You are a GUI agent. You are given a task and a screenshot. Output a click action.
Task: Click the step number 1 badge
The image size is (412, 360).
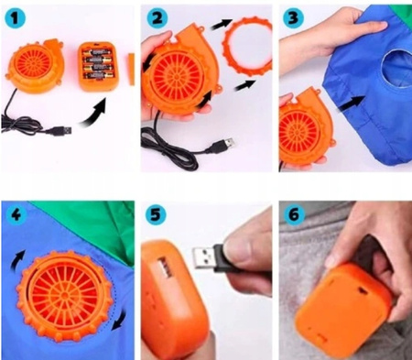[x=15, y=18]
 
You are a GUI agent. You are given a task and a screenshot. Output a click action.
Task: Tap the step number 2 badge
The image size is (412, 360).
[x=157, y=18]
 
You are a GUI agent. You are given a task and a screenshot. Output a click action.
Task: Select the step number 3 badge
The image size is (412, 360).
[x=293, y=17]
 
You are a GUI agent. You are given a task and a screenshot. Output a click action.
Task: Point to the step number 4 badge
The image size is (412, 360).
[x=16, y=215]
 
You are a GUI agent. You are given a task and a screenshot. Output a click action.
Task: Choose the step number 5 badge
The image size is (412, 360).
[x=156, y=214]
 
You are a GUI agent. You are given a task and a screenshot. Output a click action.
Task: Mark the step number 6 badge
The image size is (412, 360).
[x=294, y=214]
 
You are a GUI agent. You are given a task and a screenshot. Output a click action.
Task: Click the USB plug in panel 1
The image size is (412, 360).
[x=62, y=131]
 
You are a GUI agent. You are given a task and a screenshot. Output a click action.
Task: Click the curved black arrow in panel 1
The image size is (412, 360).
[x=93, y=113]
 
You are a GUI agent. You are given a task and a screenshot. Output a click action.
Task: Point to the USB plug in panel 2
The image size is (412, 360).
[x=221, y=145]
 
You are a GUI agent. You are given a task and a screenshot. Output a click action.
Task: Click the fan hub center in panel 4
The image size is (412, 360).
[x=65, y=295]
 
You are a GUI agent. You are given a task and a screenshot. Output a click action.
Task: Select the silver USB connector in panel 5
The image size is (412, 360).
[x=203, y=258]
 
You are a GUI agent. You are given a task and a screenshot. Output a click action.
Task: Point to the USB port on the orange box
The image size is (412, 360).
[x=164, y=267]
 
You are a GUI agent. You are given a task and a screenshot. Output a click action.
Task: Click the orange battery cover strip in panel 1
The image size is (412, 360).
[x=132, y=70]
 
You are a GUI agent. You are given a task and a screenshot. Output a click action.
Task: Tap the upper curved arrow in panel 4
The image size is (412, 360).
[x=17, y=259]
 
